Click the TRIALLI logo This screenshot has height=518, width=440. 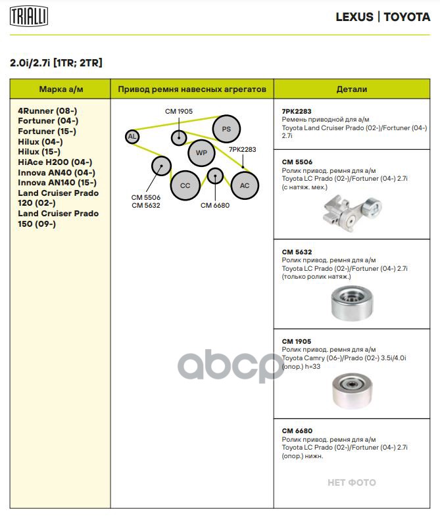[28, 17]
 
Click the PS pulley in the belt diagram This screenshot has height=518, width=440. [226, 129]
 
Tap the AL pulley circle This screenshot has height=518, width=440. [132, 137]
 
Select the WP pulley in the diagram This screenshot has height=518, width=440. [201, 153]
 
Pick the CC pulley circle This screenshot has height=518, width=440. [185, 186]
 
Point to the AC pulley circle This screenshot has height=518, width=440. [245, 186]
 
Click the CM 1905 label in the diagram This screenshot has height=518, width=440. [179, 112]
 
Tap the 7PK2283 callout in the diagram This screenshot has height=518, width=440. [242, 150]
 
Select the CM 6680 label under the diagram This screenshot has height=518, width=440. [214, 205]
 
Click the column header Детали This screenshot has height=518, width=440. [352, 89]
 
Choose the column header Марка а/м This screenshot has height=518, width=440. [61, 89]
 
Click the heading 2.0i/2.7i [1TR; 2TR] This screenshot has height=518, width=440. [56, 63]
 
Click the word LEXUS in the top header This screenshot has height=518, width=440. [354, 17]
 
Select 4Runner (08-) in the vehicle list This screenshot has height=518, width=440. [47, 111]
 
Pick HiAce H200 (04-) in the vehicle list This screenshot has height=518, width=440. [55, 162]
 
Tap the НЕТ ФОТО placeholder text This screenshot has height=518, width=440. [352, 483]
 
